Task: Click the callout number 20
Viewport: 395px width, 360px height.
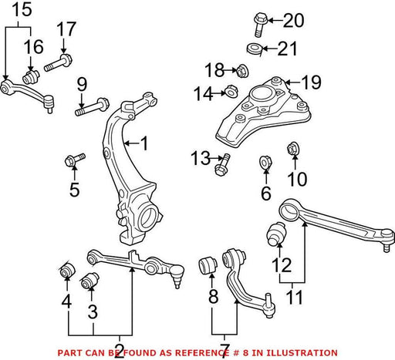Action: point(294,21)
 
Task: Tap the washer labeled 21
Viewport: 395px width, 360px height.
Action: point(254,49)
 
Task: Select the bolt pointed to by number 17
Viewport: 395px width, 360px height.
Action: point(59,63)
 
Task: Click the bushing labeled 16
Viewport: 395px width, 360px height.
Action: point(31,77)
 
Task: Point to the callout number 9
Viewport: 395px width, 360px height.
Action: point(82,85)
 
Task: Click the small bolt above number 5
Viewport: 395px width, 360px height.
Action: point(75,160)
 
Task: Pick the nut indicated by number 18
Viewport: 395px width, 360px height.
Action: point(241,71)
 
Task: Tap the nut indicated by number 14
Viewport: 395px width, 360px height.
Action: point(231,91)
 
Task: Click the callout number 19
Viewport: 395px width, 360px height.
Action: point(312,82)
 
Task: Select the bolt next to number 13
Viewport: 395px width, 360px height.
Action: point(222,165)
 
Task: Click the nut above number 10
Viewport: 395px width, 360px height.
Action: point(292,149)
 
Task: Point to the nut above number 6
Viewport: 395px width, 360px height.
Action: point(265,163)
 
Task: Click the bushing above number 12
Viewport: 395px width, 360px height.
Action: point(276,233)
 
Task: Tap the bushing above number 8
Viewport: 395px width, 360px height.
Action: point(208,265)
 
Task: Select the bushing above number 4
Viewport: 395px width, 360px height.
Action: point(67,269)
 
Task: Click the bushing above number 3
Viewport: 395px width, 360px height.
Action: point(89,281)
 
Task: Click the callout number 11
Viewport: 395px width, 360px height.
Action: point(294,298)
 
